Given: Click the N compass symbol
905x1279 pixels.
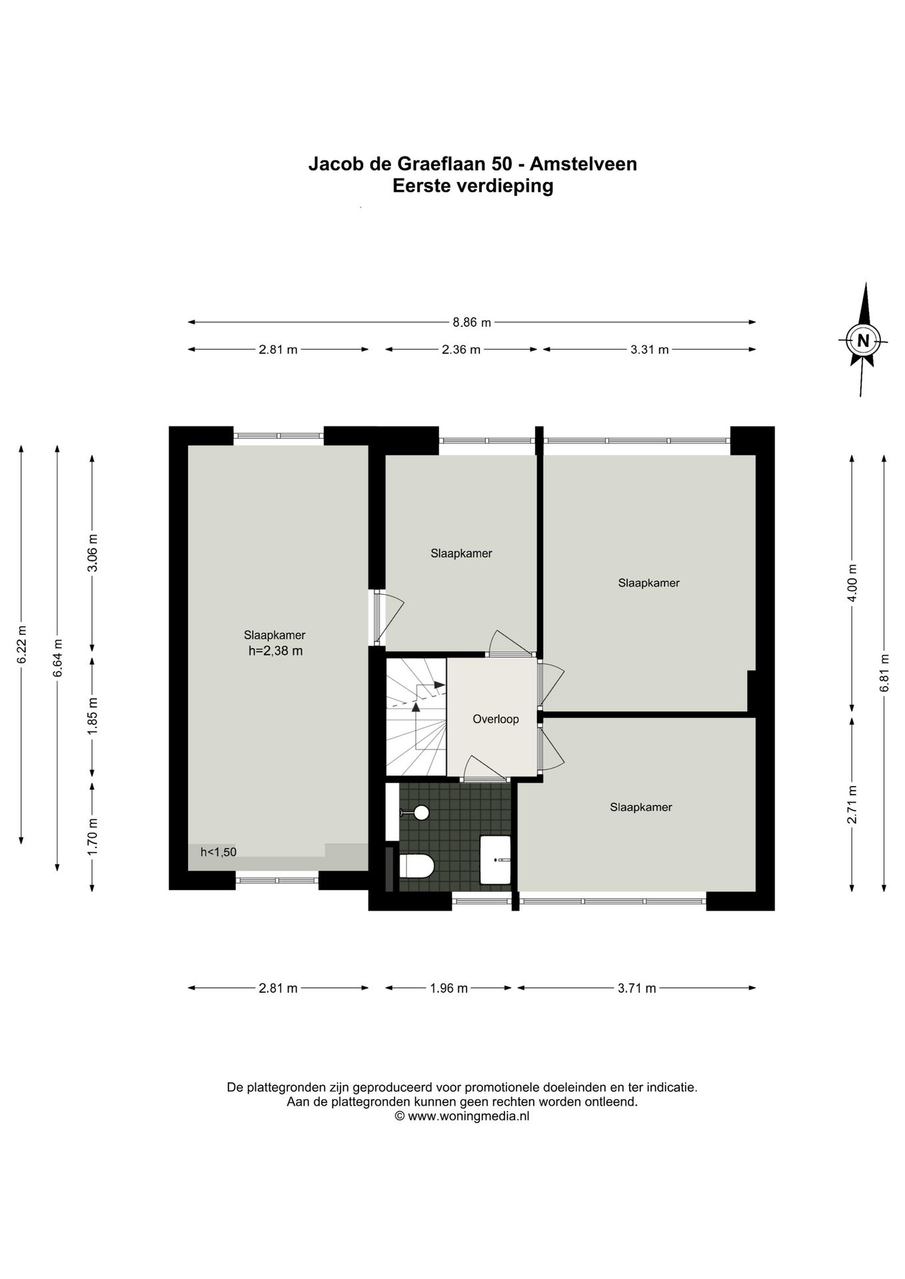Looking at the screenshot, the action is pos(863,340).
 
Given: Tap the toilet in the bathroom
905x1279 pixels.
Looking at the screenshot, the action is pos(417,866).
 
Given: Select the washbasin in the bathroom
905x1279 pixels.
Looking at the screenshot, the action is pos(495,859).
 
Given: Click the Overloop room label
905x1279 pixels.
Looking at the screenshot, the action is pos(496,719).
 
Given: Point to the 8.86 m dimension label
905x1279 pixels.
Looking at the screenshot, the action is pos(472,322).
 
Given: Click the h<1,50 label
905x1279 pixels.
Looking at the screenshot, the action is pos(219,852).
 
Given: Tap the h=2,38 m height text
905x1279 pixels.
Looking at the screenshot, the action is pos(275,651).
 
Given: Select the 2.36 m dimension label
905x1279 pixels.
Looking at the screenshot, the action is pos(461,349).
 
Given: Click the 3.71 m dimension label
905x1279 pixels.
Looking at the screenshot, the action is pos(637,988).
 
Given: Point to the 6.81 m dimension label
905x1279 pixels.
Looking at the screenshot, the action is pos(884,673).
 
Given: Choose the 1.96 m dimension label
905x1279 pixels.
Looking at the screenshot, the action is pos(449,988).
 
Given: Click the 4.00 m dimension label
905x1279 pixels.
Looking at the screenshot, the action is pos(852,583).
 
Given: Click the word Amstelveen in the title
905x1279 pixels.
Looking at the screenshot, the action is pos(583,164).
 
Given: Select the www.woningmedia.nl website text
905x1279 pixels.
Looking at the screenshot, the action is pos(468,1116).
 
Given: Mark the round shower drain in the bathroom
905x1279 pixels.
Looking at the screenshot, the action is pos(421,812).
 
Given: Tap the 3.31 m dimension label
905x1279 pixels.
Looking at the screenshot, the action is pos(650,349).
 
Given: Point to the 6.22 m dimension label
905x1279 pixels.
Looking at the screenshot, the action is pos(22,644).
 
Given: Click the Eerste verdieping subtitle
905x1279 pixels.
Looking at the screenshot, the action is pos(473,186).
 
